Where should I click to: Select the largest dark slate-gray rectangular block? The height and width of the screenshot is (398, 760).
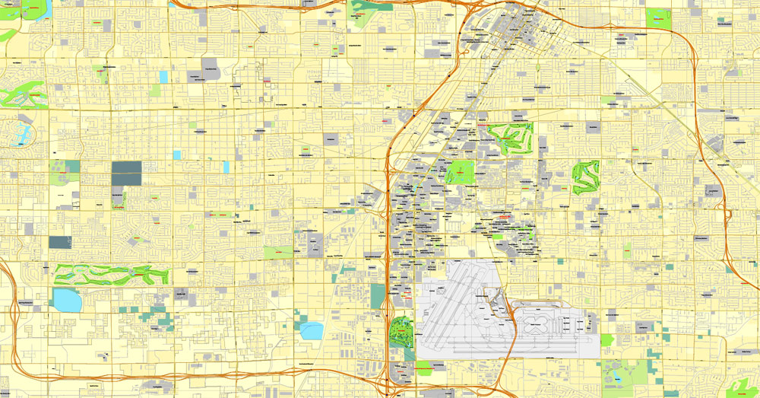coord(126,174)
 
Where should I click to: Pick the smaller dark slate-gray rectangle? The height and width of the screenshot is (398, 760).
coord(60,242)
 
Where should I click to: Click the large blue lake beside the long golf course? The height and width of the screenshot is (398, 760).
coord(67,301)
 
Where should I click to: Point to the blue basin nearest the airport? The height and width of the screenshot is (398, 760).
coord(312,330)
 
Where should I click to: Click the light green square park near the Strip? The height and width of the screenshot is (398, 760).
coord(459,172)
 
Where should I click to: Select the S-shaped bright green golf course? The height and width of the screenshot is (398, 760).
coord(585,177)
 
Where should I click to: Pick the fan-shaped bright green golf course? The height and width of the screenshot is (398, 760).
coord(510,137)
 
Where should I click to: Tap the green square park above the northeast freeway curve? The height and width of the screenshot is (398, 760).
coord(658,18)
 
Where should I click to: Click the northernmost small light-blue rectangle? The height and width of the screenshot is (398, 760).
coord(164,77)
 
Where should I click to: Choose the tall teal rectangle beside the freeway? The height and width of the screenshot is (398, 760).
coord(378,296)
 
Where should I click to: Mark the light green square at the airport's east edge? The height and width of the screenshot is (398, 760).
coord(606,340)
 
